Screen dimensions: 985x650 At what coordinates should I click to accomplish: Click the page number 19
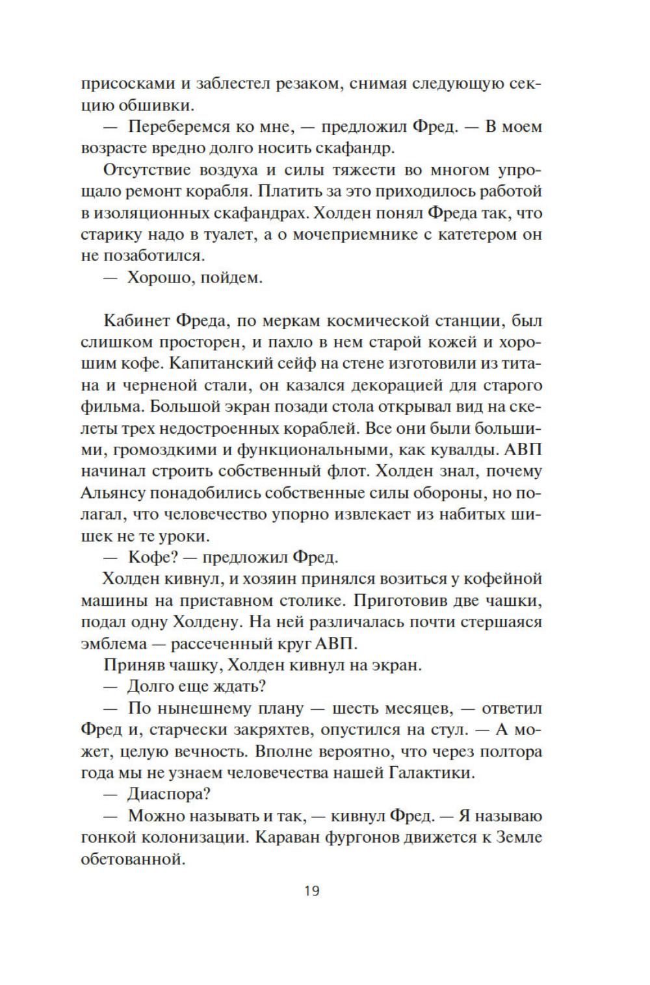[311, 890]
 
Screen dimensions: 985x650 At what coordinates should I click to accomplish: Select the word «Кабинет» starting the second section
[136, 321]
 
